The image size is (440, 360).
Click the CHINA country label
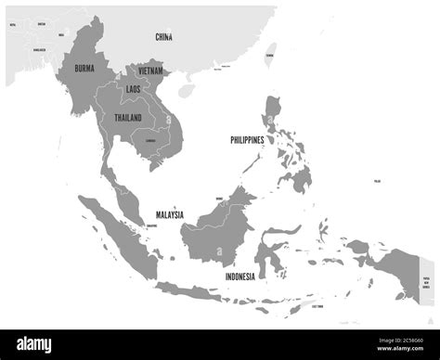point(163,37)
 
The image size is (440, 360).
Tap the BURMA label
point(79,68)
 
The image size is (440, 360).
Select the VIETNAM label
point(151,71)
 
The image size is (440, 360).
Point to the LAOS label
point(134,89)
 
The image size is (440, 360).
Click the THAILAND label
point(129,118)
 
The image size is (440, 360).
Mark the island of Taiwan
point(269,51)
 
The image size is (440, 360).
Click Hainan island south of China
point(188,90)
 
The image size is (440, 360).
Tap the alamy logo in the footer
point(43,343)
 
